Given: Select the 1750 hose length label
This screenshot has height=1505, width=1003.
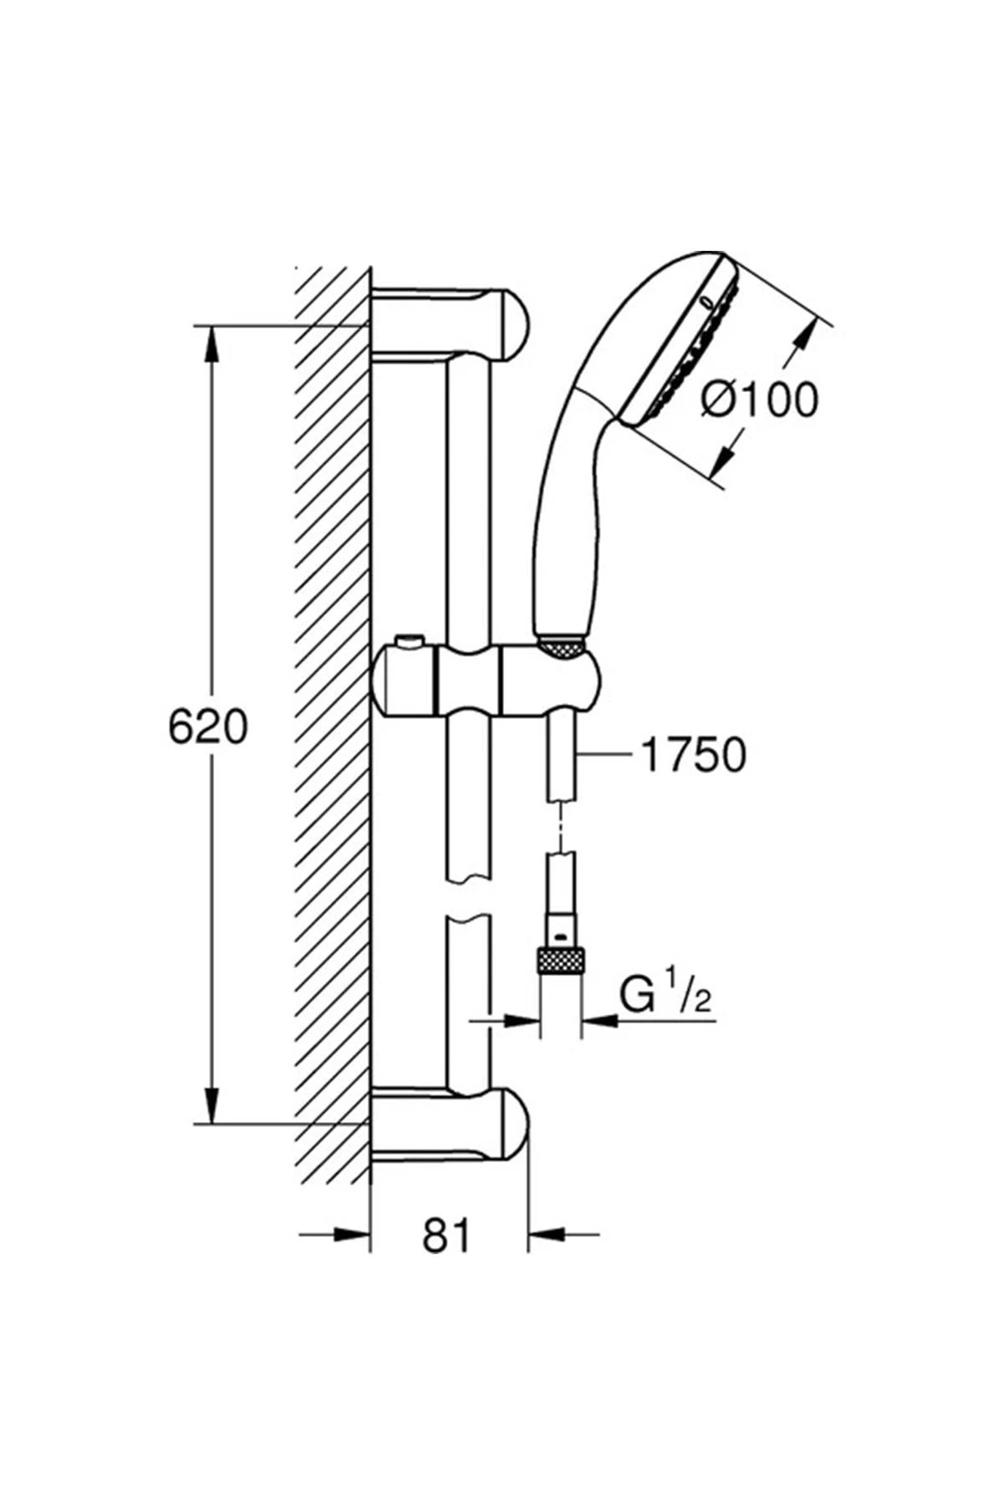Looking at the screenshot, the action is pos(693,755).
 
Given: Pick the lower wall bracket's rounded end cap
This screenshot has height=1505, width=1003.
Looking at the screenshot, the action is pos(512,1125).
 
